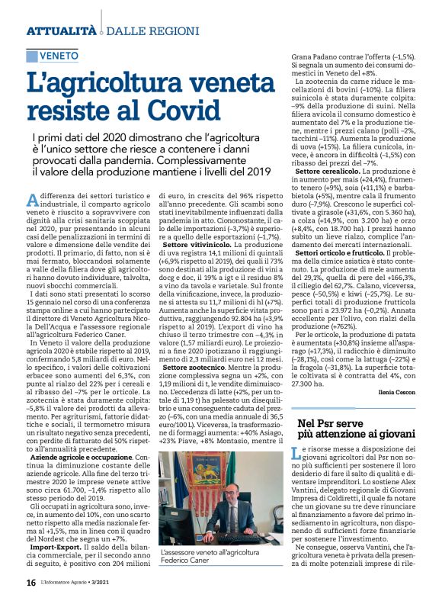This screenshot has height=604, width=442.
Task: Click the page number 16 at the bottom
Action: tap(30, 583)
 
